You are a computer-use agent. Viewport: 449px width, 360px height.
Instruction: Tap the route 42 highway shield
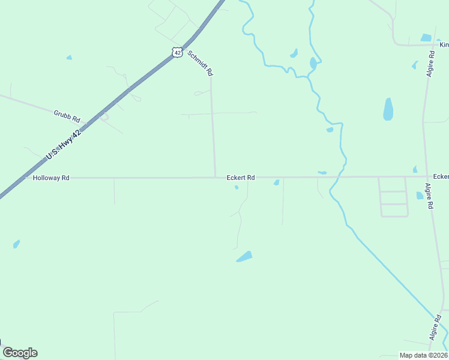point(176,52)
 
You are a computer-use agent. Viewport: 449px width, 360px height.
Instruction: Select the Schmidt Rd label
point(200,62)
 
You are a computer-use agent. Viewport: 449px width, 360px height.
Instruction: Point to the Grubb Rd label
point(67,116)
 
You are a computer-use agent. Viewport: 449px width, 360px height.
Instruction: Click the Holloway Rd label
point(51,178)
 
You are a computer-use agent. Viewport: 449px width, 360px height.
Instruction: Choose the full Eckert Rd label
point(241,178)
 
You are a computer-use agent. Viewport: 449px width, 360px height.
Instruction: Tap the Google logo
point(20,353)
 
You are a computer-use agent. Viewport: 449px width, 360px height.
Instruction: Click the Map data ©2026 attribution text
point(423,355)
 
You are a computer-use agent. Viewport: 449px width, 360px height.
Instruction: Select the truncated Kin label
point(444,44)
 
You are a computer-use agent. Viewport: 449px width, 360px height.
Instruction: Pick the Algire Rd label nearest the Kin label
point(430,62)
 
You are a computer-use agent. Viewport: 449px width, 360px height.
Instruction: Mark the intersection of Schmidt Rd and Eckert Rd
point(215,177)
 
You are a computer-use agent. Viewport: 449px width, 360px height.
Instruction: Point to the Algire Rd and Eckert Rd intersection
point(427,176)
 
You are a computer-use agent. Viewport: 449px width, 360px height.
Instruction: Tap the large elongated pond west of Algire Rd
point(388,109)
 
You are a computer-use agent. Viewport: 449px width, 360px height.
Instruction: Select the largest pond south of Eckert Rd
point(244,257)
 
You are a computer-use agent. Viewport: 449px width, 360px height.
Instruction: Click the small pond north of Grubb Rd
point(69,58)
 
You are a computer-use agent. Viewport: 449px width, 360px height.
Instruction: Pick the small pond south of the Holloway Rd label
point(16,244)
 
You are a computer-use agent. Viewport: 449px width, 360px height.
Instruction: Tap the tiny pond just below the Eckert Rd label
point(237,187)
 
